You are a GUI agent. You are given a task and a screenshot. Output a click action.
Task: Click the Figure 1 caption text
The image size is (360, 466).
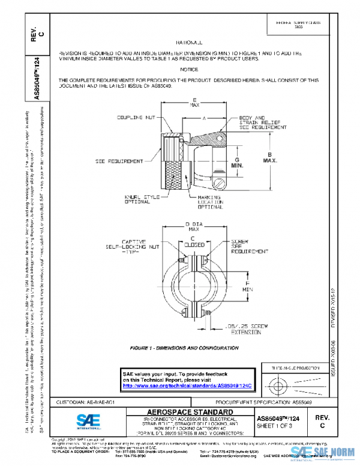click(181, 348)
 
